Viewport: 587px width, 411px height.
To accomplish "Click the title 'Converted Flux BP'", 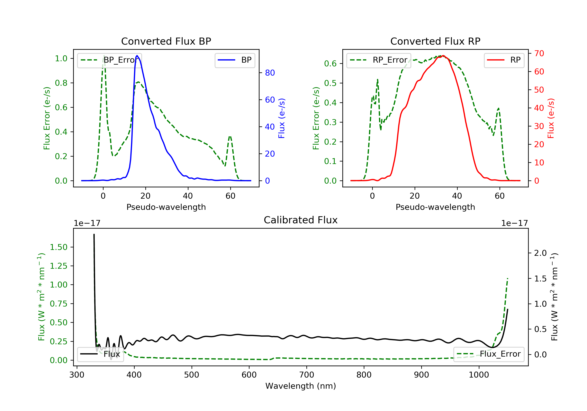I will pyautogui.click(x=166, y=41).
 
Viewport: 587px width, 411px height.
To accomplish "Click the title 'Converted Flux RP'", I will pyautogui.click(x=435, y=41).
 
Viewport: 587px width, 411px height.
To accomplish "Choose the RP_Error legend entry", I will pyautogui.click(x=379, y=60).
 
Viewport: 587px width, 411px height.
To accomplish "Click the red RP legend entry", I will pyautogui.click(x=504, y=60).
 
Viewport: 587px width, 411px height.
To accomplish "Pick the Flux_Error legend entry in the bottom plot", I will pyautogui.click(x=489, y=354).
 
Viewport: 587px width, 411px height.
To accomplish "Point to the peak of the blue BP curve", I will pyautogui.click(x=137, y=56).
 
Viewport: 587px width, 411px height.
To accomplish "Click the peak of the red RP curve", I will pyautogui.click(x=443, y=56).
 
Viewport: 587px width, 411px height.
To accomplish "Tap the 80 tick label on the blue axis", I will pyautogui.click(x=270, y=73).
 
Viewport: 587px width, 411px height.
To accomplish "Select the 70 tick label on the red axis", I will pyautogui.click(x=539, y=53).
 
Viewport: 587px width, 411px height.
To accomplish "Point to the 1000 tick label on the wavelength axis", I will pyautogui.click(x=479, y=375).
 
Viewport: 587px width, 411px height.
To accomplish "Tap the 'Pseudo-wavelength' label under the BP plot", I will pyautogui.click(x=166, y=207).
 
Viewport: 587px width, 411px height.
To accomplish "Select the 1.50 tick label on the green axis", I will pyautogui.click(x=58, y=247).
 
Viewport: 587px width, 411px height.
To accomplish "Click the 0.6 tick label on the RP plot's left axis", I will pyautogui.click(x=330, y=63).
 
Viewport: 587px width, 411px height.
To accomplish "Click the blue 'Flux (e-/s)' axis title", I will pyautogui.click(x=282, y=118).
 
